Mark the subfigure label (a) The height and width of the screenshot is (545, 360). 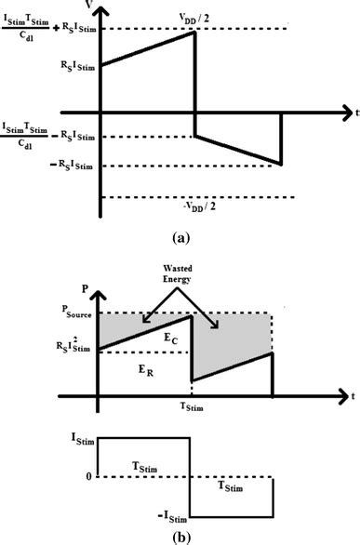(x=182, y=238)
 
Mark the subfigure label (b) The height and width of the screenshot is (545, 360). (x=182, y=535)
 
